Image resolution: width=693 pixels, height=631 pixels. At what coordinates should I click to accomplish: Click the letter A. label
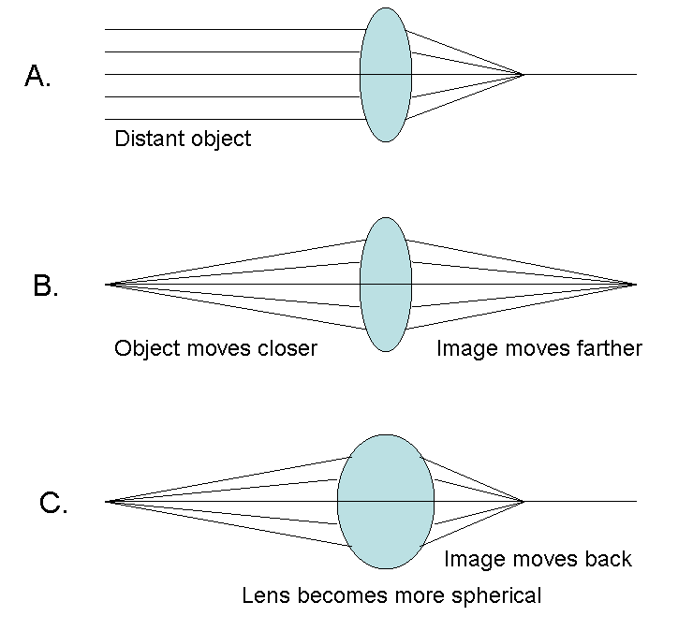point(37,77)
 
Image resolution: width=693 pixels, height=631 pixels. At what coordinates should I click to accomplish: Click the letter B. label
point(45,286)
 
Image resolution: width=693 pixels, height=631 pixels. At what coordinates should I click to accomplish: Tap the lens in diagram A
point(385,75)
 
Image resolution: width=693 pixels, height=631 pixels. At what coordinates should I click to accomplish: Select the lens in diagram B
point(385,284)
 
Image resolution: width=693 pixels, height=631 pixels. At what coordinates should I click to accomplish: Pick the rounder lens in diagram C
point(386,501)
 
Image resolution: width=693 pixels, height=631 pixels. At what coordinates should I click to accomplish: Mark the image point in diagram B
point(635,284)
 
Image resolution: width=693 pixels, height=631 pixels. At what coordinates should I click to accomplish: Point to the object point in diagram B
point(108,284)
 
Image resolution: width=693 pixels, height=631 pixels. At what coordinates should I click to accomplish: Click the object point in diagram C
point(108,502)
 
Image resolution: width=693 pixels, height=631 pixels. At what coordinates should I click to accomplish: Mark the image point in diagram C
point(523,502)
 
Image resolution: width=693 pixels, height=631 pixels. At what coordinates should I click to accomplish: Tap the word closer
point(287,349)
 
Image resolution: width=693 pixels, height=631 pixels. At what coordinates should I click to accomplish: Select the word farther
point(609,349)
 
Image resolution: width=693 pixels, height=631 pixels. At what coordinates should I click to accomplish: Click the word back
point(608,559)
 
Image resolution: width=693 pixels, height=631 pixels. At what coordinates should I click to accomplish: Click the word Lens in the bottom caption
point(263,595)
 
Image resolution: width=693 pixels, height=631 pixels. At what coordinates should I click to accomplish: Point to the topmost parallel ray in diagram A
point(234,30)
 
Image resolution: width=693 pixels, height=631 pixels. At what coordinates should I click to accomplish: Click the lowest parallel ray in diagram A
point(234,119)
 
